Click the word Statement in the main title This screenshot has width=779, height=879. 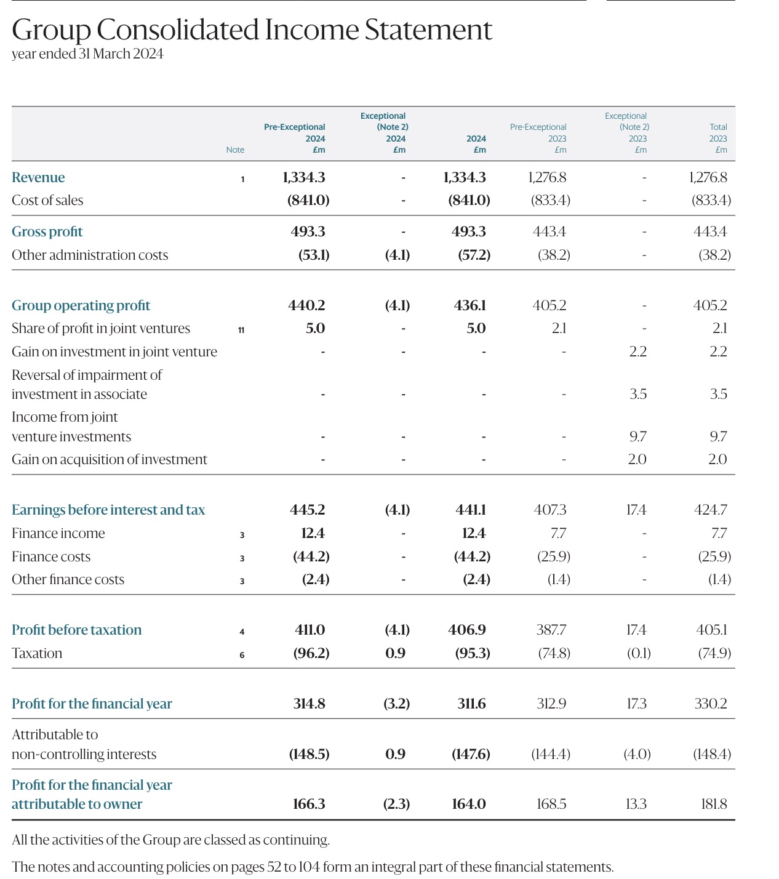pos(428,30)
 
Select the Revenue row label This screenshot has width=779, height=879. pos(38,177)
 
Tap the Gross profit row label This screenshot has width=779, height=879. pos(47,231)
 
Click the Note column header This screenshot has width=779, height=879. pos(235,150)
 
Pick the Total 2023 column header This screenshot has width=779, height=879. pos(718,138)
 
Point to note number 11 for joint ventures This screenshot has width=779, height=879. pos(241,330)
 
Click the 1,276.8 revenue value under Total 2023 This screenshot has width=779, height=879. pos(708,177)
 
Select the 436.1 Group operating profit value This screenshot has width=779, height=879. pos(469,305)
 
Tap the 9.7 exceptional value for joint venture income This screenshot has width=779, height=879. pos(637,436)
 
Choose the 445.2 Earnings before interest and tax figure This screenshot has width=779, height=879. pos(307,509)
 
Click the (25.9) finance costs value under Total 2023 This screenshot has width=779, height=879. pos(714,556)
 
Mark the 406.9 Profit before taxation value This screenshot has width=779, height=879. pos(466,630)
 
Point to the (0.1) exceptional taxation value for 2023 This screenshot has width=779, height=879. pos(639,653)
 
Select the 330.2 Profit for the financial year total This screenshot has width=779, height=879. pos(711,704)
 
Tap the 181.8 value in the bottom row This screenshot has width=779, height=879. pos(714,804)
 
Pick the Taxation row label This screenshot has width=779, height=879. pos(37,653)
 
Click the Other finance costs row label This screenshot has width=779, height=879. pos(68,579)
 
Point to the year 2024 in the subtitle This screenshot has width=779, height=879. pos(148,54)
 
